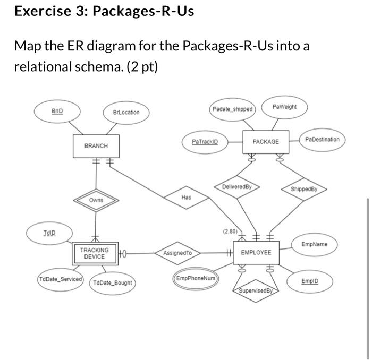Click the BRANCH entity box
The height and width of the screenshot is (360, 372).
(96, 145)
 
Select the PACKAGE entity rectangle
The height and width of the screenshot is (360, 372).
(266, 142)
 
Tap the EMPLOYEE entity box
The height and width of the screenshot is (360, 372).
(256, 253)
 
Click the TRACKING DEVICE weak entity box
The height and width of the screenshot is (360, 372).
(94, 253)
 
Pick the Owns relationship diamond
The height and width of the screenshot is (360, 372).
(96, 200)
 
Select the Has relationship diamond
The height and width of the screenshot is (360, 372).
(185, 197)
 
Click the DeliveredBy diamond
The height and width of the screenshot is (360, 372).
(236, 187)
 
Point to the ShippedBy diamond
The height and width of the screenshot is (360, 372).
(304, 188)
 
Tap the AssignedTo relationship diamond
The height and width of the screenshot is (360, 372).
(177, 253)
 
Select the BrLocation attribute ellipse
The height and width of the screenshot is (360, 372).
(126, 112)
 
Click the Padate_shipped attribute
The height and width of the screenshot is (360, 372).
(233, 109)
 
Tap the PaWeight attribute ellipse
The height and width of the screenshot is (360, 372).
(284, 107)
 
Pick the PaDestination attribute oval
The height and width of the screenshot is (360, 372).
(322, 139)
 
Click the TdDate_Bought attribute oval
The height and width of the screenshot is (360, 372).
(113, 282)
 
